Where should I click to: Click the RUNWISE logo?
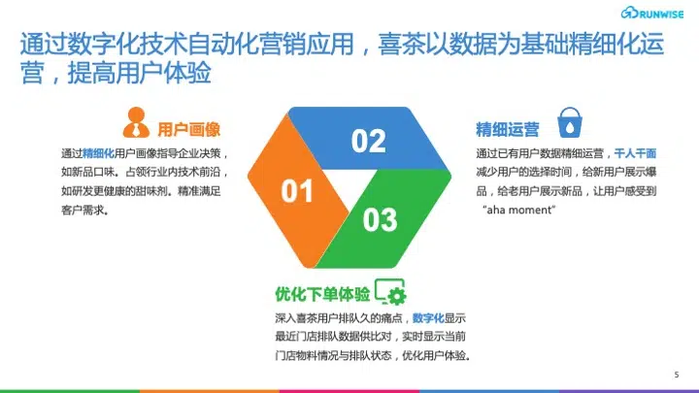(x=651, y=13)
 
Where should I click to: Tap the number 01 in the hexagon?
(x=297, y=191)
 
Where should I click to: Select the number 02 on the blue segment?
(x=368, y=141)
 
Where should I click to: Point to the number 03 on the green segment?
(x=380, y=219)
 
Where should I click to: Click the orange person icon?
(x=136, y=122)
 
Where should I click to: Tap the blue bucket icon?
(x=570, y=122)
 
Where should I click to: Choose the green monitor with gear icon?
(x=390, y=292)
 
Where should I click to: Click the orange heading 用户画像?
(x=189, y=129)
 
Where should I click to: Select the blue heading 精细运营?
(x=508, y=129)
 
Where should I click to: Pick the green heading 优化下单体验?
(x=322, y=294)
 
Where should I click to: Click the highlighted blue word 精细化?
(x=98, y=153)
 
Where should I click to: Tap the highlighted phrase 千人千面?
(x=635, y=153)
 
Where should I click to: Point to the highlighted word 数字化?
(x=428, y=318)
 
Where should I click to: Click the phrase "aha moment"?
(x=518, y=210)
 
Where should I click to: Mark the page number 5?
(x=677, y=375)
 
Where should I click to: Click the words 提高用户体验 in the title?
(x=139, y=73)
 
